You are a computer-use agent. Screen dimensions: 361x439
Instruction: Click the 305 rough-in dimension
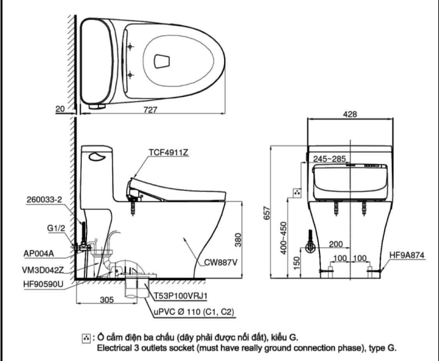coord(106,299)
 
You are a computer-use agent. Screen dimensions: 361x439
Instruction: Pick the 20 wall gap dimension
coord(60,110)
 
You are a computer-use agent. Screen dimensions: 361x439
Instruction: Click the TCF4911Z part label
coord(169,153)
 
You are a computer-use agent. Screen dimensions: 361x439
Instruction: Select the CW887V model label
coord(220,262)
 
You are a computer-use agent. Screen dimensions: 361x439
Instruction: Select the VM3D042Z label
coord(43,269)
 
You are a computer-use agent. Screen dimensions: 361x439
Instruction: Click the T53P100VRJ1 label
coord(180,296)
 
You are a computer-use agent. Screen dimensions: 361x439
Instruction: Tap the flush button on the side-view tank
coord(97,157)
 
